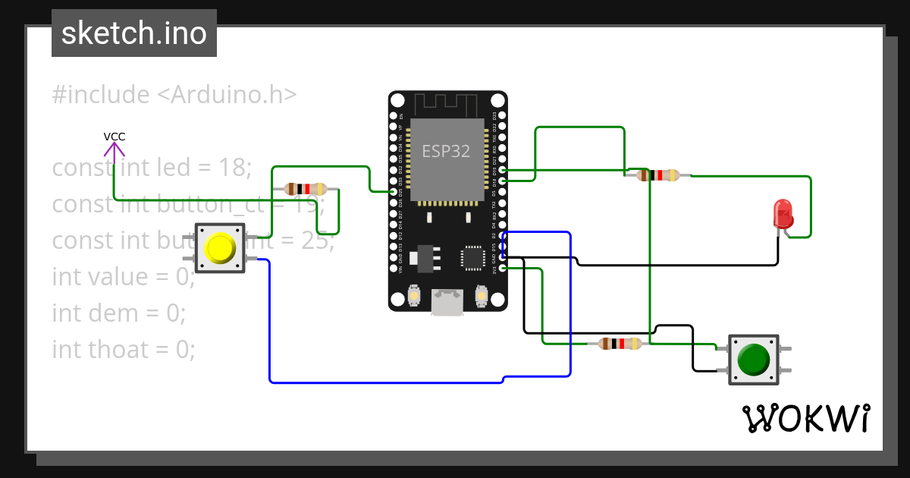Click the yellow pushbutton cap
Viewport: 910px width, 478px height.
coord(220,247)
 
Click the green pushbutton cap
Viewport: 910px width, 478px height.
coord(752,359)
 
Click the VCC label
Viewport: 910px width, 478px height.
coord(115,137)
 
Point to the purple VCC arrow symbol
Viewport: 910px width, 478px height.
coord(115,151)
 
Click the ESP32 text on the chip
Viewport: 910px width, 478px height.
coord(446,151)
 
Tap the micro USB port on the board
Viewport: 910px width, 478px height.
coord(447,302)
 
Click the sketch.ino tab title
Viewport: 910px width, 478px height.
coord(134,33)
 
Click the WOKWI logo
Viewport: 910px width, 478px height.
coord(805,418)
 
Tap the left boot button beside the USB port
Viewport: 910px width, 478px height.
coord(414,294)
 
